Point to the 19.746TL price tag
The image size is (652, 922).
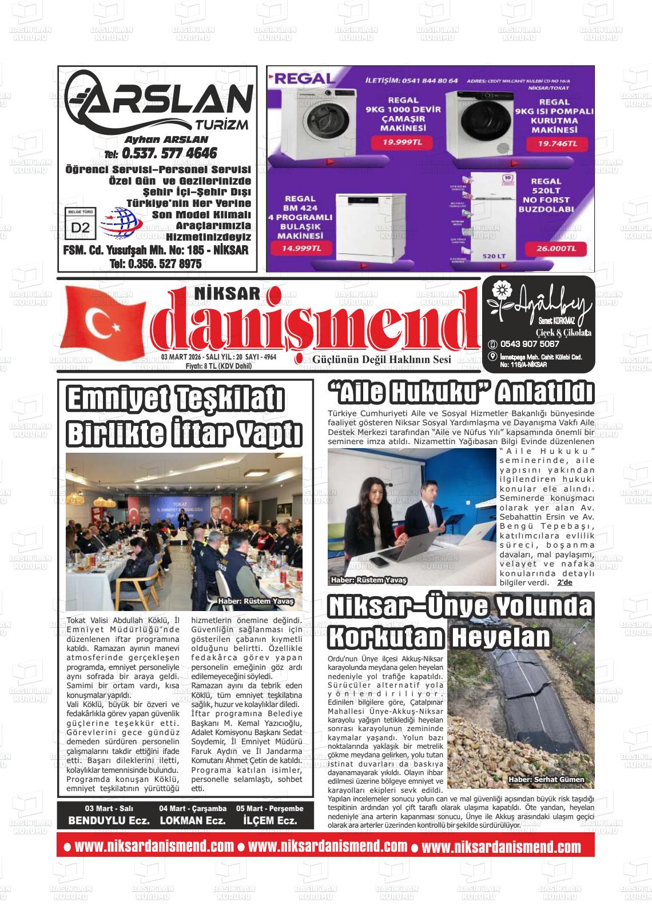(x=558, y=144)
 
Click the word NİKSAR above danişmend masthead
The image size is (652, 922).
(x=228, y=293)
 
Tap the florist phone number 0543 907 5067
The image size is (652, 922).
(x=529, y=344)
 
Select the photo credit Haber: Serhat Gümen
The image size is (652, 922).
(x=546, y=779)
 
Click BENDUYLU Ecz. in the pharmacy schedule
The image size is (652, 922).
(x=109, y=820)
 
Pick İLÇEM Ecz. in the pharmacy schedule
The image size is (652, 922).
(x=270, y=820)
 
